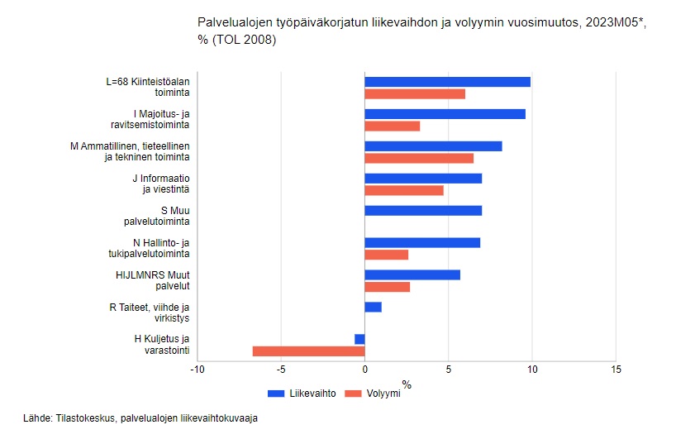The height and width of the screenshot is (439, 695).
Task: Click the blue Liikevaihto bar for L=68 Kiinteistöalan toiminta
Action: click(447, 82)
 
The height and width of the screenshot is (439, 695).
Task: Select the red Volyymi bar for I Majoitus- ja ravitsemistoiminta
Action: click(392, 126)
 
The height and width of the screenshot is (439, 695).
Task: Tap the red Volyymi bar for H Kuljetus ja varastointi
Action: click(308, 351)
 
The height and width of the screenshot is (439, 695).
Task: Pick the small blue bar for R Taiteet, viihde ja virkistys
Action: click(373, 307)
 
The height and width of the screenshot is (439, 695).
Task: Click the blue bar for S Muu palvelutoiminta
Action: click(422, 210)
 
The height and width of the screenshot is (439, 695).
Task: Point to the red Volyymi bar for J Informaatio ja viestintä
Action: click(403, 190)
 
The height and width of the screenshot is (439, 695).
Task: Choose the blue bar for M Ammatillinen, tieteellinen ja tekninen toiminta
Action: click(433, 146)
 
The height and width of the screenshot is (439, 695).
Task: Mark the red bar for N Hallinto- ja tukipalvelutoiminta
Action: click(386, 255)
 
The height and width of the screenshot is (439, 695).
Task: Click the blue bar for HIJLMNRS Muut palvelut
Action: click(412, 274)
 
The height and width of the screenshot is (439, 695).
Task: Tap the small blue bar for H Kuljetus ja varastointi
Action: click(359, 339)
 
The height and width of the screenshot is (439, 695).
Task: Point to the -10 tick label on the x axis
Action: click(197, 369)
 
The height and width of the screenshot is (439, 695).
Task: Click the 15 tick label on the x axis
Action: click(615, 369)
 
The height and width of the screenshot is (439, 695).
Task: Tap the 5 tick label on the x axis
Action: click(448, 369)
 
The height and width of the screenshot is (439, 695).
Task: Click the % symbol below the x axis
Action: click(406, 384)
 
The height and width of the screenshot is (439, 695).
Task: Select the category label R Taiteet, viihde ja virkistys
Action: click(150, 313)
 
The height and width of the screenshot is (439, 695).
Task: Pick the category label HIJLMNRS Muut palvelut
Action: click(153, 280)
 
